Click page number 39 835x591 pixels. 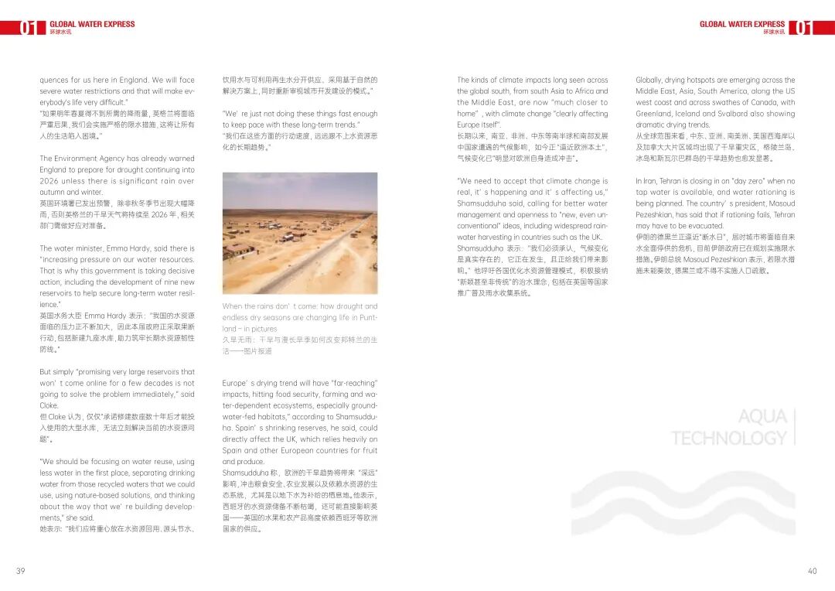point(20,572)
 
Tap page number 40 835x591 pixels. point(812,572)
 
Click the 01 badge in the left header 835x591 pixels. point(28,28)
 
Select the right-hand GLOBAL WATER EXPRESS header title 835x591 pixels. point(741,24)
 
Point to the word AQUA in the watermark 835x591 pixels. point(762,417)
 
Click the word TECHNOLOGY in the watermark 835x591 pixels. point(728,439)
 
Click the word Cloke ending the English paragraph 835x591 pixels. point(49,405)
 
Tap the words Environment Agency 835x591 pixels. point(94,159)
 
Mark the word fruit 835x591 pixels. point(370,450)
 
